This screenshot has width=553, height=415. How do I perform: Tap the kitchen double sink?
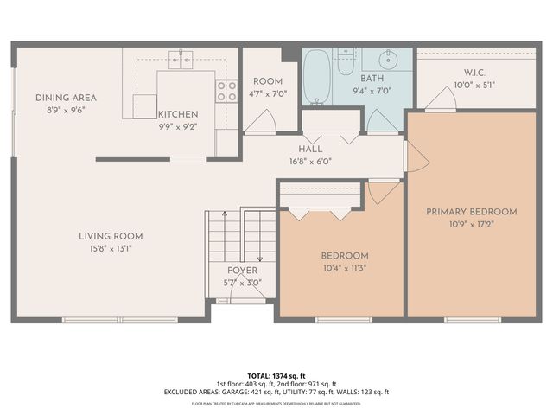[x=181, y=58]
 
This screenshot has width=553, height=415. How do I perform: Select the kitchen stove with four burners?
[x=226, y=92]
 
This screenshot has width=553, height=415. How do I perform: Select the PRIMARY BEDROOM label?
[x=471, y=211]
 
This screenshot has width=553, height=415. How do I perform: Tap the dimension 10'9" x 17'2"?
[x=471, y=223]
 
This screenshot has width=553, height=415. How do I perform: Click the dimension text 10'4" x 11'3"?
[x=345, y=268]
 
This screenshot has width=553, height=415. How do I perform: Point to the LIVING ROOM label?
[x=111, y=236]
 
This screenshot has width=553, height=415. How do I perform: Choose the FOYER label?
[x=242, y=271]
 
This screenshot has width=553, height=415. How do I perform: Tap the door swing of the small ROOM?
[x=258, y=124]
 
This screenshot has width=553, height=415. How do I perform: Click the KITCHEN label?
[x=178, y=114]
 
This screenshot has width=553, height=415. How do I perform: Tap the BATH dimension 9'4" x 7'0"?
[x=372, y=90]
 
